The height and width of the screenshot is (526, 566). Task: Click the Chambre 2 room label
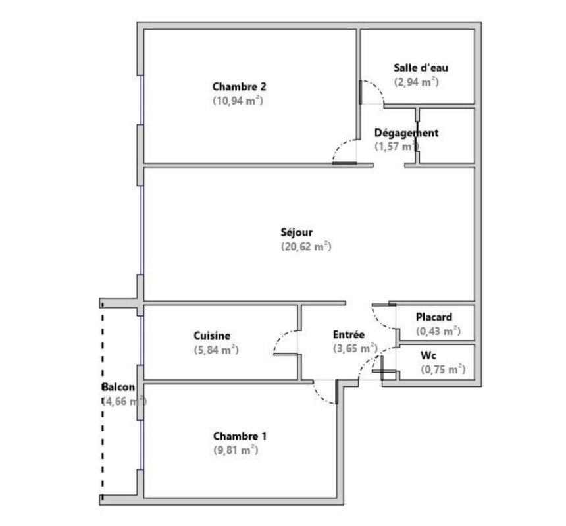239,87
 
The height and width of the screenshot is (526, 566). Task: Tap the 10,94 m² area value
238,101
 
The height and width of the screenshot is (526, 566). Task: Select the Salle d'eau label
421,68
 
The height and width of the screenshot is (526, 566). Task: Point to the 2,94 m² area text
416,82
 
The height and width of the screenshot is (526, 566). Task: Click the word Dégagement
406,133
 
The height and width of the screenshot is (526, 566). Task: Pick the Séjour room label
296,232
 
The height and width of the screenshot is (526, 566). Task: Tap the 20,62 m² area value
306,247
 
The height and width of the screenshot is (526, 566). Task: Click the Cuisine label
212,336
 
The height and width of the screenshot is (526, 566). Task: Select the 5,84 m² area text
217,350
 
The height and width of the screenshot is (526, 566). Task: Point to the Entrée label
349,334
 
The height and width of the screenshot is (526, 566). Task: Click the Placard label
434,317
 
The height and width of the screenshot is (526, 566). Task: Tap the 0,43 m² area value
438,331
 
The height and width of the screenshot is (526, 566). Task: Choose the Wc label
428,355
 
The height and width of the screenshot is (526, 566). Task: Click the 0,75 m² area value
443,370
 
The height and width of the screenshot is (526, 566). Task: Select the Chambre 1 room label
240,436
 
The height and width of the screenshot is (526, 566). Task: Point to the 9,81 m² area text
236,450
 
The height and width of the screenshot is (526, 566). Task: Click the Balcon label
118,387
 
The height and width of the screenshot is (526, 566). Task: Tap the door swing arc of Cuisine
282,336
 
